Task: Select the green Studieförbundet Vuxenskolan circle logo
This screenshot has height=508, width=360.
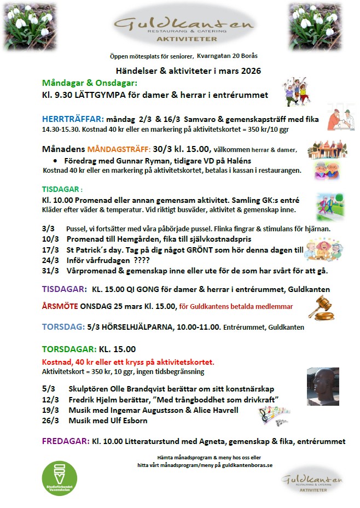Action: (x=60, y=478)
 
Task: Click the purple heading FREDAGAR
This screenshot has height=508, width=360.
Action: (x=66, y=441)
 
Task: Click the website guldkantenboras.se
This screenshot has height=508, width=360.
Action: (x=239, y=465)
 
